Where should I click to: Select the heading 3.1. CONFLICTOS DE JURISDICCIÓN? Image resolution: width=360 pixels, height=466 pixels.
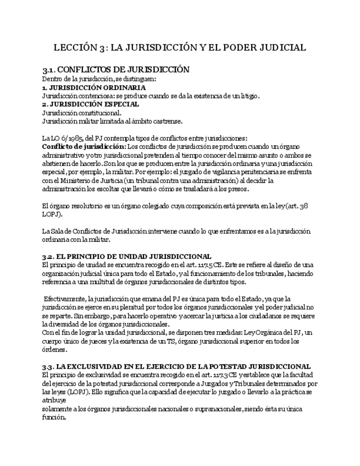116,70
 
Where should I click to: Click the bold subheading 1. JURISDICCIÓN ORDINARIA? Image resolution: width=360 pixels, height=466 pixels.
94,87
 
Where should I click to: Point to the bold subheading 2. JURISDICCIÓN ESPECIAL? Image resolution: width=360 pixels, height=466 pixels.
91,104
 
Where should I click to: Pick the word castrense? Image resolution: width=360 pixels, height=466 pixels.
166,121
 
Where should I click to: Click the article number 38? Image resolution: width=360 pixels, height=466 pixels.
304,206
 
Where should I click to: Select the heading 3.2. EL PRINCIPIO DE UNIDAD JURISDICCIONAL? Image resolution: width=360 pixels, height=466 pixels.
127,256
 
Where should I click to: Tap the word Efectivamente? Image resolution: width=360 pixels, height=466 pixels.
64,298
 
